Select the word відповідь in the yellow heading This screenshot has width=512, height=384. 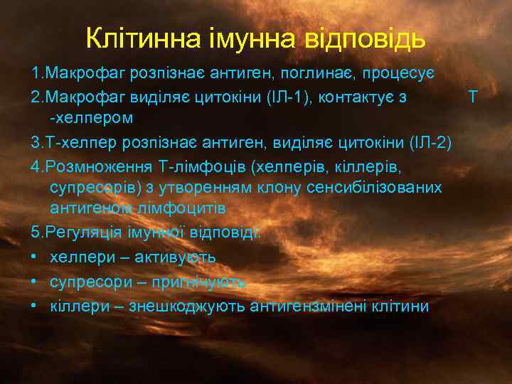pos(370,38)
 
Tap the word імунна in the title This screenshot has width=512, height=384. pos(248,38)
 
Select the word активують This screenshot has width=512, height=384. pos(170,257)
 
